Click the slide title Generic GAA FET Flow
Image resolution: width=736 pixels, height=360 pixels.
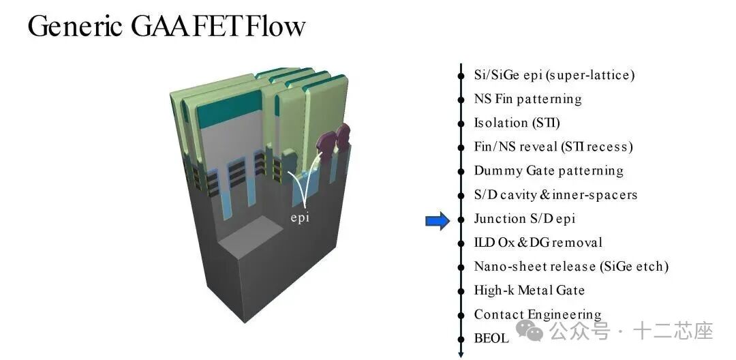(166, 26)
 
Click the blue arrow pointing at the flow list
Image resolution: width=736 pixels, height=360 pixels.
(438, 220)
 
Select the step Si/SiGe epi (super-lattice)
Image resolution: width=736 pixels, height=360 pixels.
(554, 75)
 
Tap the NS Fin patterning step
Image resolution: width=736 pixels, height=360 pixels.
(527, 99)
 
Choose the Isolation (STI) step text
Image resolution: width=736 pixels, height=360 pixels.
(517, 123)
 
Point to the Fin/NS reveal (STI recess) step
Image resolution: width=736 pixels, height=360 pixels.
(553, 147)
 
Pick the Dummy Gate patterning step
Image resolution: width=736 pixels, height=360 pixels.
(549, 170)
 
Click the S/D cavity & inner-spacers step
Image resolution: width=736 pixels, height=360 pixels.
(555, 194)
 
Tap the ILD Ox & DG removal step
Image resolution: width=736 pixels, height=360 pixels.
(538, 243)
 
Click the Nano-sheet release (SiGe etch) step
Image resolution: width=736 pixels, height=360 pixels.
(571, 267)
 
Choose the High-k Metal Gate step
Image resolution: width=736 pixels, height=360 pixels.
(530, 290)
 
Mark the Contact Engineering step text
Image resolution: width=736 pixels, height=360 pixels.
(538, 314)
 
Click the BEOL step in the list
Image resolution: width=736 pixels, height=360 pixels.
(491, 338)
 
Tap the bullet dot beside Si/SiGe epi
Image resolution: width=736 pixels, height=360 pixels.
(461, 75)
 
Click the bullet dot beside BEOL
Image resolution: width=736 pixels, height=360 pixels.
(461, 338)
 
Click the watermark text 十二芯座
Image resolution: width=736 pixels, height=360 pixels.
(673, 332)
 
